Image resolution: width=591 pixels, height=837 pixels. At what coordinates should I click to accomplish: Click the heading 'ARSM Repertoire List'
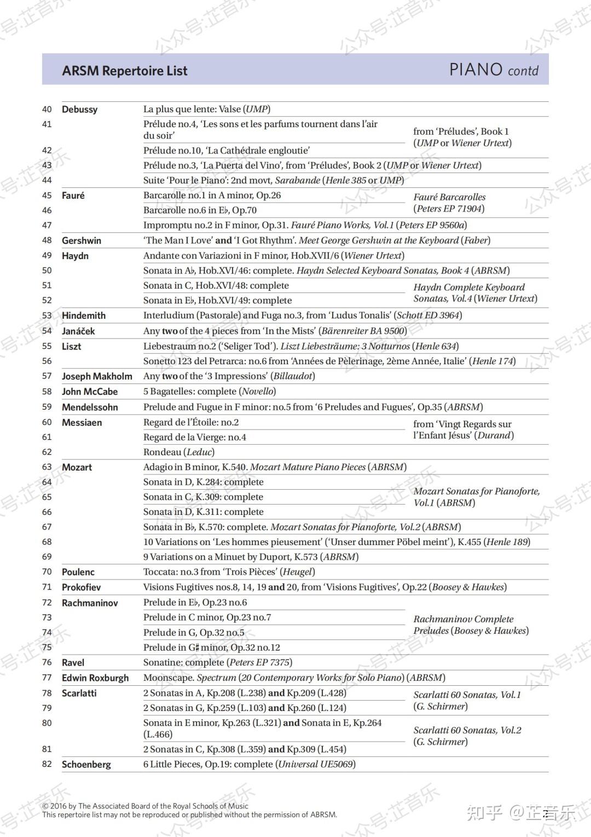coord(125,71)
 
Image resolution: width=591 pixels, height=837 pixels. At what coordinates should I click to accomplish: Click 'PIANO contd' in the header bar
coord(494,70)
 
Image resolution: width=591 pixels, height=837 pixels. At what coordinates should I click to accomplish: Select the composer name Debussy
coord(79,110)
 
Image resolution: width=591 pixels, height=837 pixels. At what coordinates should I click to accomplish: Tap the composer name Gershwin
coord(82,240)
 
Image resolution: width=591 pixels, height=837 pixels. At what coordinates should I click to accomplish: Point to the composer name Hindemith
coord(84,316)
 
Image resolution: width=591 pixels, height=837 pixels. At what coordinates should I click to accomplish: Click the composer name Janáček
coord(78,331)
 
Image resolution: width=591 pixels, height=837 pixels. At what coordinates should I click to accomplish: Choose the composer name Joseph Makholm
coord(97,376)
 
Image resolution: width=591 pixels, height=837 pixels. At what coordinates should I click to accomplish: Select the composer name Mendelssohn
coord(90,407)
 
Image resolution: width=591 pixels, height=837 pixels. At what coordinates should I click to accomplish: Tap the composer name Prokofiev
coord(81,587)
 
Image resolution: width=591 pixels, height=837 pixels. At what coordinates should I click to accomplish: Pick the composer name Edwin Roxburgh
coord(95,678)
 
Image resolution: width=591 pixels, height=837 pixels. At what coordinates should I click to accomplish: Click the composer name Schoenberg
coord(86,765)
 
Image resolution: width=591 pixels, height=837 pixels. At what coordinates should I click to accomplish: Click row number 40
coord(47,110)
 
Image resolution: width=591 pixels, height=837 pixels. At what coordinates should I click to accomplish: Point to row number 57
coord(47,376)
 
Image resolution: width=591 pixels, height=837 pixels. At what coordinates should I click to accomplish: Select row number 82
coord(47,764)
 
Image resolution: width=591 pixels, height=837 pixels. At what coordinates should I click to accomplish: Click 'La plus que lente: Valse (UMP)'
coord(207,109)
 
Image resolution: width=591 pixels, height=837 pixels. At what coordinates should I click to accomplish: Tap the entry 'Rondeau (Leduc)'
coord(179,452)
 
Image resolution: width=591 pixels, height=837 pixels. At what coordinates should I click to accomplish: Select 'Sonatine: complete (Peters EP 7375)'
coord(218,662)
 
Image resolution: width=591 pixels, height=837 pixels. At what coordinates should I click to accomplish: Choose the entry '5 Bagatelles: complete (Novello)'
coord(210,391)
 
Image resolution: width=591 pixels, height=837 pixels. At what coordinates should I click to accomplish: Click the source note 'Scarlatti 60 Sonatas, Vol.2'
coord(467,730)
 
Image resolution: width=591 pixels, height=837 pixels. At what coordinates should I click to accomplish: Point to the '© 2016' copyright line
coord(145,806)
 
